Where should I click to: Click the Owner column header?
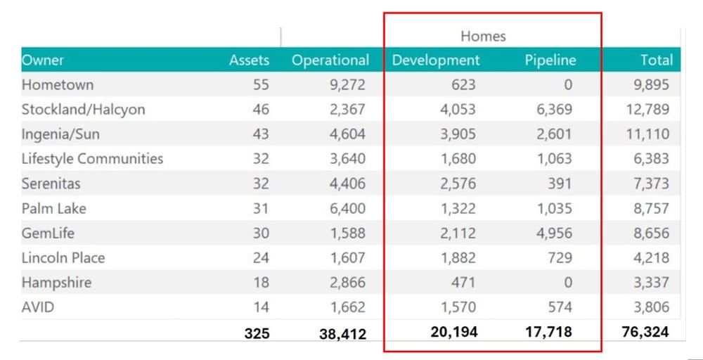coord(43,60)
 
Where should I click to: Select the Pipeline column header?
coord(550,60)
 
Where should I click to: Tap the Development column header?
coord(436,60)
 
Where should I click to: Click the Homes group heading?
coord(483,36)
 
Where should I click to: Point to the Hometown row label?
coord(58,84)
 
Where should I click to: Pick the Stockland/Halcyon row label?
coord(83,109)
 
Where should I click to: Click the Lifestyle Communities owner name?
coord(92,158)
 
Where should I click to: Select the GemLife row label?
coord(48,233)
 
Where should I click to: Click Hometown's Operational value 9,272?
coord(347,84)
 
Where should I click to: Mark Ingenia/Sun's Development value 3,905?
coord(458,134)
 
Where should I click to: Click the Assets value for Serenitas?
coord(261,184)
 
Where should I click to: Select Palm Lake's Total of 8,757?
coord(647,208)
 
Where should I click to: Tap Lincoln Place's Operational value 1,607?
coord(347,257)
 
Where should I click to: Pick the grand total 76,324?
coord(645,332)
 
